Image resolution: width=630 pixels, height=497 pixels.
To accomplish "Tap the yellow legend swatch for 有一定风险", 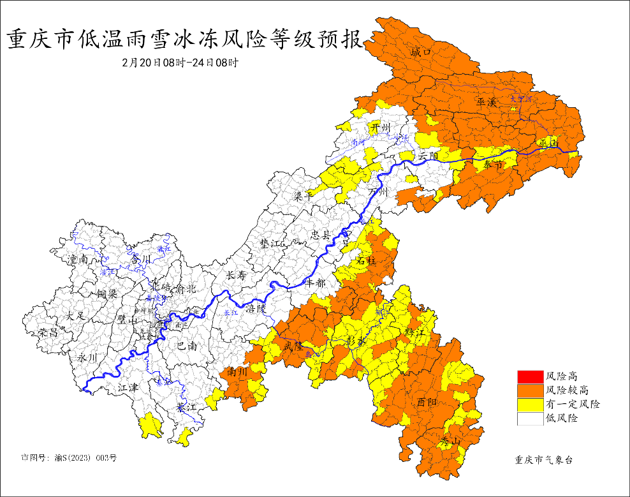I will click(529, 404).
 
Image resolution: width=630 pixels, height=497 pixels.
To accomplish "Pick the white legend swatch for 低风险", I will click(529, 419).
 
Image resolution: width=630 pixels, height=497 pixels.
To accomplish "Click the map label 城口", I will click(421, 51).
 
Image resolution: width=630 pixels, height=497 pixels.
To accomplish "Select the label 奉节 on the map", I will click(494, 165).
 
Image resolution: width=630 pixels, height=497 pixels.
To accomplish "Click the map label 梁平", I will click(304, 197).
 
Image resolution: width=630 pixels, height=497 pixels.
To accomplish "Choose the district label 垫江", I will click(270, 244).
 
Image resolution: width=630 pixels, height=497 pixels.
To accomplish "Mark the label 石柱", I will click(366, 260).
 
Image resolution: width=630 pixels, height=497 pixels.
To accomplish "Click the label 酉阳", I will click(427, 402).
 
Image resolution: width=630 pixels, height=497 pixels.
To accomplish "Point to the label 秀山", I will click(450, 441).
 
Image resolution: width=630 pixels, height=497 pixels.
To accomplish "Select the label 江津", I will click(128, 388).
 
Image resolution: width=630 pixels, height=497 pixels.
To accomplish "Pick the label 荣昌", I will click(48, 332).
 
